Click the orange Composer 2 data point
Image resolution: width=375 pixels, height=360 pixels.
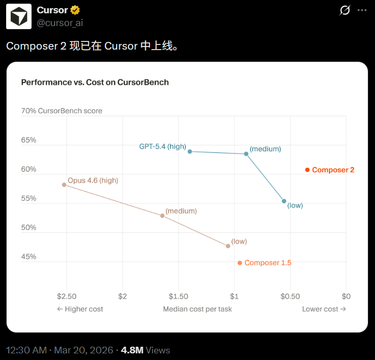coord(307,170)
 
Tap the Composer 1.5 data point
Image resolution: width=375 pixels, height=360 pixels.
coord(239,263)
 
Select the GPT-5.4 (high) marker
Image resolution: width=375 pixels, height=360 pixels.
coord(190,151)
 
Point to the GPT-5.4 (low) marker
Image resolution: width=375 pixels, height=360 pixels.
coord(284,201)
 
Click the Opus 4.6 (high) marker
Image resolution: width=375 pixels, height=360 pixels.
coord(64,185)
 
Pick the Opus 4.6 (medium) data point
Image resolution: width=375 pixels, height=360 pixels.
coord(162,216)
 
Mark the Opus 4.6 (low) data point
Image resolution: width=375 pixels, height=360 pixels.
coord(228,246)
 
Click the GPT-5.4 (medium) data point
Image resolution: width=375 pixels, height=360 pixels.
coord(246,153)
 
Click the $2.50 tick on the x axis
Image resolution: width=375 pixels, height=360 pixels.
coord(67,296)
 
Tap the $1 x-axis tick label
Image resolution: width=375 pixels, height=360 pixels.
coord(234,296)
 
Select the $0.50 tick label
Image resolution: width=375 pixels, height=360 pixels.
coord(290,296)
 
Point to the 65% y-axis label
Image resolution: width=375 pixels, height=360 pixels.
coord(29,140)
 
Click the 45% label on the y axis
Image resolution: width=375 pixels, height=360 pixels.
coord(29,257)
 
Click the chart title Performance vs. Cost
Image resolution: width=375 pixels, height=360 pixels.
coord(95,82)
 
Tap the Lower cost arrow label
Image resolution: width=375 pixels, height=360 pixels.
coord(324,309)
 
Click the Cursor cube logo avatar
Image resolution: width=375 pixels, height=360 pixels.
coord(18,16)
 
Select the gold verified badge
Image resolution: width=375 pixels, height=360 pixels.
coord(75,10)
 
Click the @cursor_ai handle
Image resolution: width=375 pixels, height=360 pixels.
coord(60,22)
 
